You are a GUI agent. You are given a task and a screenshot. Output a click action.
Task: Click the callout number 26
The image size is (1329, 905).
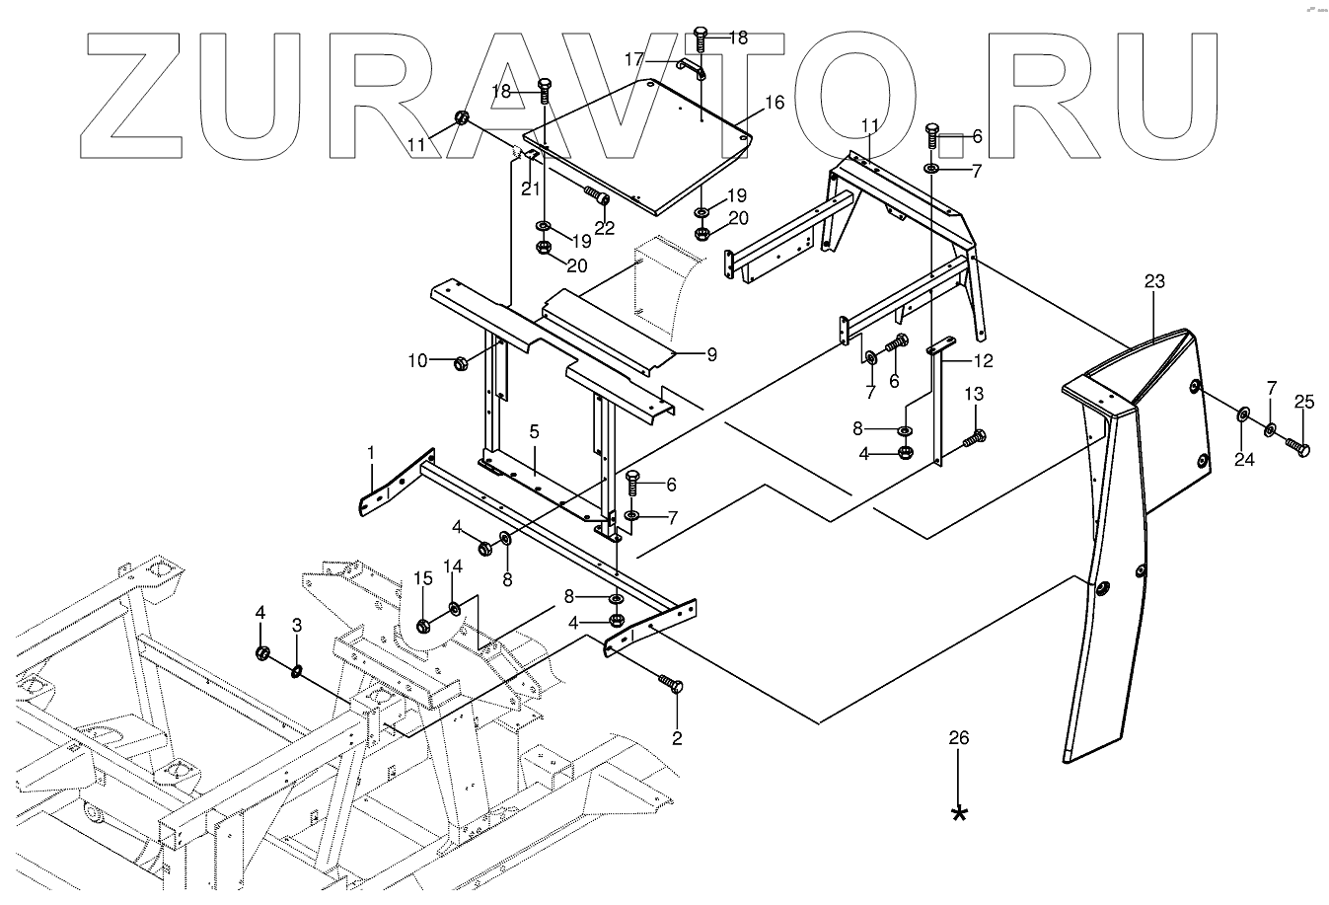958,738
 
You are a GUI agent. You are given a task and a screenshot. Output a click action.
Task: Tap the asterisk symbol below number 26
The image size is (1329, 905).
958,813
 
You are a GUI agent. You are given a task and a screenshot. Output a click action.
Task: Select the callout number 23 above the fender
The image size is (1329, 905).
1154,281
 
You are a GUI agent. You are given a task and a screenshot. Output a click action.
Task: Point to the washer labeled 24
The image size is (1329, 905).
1241,411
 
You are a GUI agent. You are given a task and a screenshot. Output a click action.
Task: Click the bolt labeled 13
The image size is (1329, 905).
974,436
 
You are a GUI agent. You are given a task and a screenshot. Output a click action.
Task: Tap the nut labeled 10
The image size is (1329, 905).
460,362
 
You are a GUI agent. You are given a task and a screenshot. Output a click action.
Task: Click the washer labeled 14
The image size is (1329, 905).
455,609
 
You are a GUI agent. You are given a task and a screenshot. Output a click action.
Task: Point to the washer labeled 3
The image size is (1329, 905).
296,672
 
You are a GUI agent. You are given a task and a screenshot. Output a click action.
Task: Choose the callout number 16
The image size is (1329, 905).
774,102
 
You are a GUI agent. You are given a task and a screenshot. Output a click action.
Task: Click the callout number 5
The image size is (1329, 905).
533,430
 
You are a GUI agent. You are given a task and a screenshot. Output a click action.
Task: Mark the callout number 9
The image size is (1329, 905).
710,353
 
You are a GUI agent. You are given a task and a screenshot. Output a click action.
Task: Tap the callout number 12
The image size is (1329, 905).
984,360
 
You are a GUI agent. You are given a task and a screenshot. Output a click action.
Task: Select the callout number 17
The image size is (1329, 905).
634,59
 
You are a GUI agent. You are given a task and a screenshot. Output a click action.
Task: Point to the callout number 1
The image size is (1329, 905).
371,452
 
